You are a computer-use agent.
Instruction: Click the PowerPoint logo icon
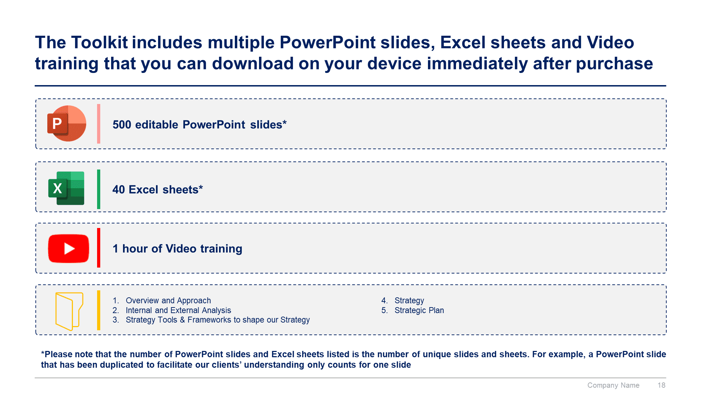pos(67,123)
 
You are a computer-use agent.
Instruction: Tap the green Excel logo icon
pos(66,188)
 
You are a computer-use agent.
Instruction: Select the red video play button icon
pos(68,248)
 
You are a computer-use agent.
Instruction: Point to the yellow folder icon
pos(69,311)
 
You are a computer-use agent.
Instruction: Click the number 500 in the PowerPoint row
pos(122,125)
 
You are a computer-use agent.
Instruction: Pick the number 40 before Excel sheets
pos(118,189)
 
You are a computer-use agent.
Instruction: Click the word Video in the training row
pos(181,249)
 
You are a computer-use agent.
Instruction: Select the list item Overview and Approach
pos(168,300)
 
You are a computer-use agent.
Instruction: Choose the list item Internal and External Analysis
pos(178,310)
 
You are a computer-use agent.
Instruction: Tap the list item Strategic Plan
pos(419,310)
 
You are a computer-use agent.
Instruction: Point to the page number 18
pos(661,385)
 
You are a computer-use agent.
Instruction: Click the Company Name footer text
pos(613,385)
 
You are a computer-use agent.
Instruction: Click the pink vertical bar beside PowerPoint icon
pos(98,124)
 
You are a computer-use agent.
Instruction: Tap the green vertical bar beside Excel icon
pos(98,189)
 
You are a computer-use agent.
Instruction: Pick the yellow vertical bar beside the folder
pos(98,310)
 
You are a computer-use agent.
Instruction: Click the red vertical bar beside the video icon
pos(98,248)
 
